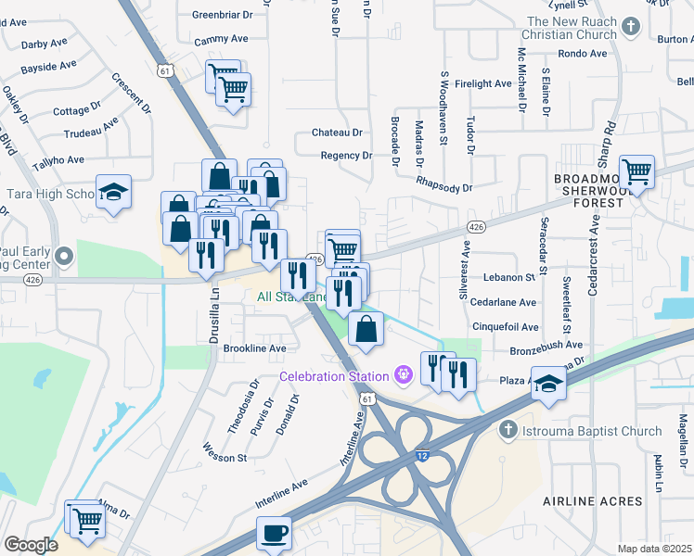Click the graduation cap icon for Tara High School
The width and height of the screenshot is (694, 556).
click(x=114, y=192)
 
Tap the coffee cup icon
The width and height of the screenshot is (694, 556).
click(x=274, y=533)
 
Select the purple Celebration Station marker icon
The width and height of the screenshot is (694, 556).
click(x=404, y=374)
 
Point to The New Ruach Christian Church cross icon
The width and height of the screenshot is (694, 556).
click(x=631, y=26)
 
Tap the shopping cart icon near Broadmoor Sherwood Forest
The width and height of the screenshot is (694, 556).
click(x=636, y=171)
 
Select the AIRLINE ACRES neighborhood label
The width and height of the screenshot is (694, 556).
click(x=592, y=501)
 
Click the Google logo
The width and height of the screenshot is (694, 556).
click(x=31, y=545)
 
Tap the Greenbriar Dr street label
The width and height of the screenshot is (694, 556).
click(x=222, y=15)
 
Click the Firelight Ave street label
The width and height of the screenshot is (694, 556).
click(x=483, y=83)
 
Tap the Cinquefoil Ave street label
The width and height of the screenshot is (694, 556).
click(x=505, y=327)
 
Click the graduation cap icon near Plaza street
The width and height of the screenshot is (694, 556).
click(x=549, y=385)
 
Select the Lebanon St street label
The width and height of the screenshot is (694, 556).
click(x=509, y=277)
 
